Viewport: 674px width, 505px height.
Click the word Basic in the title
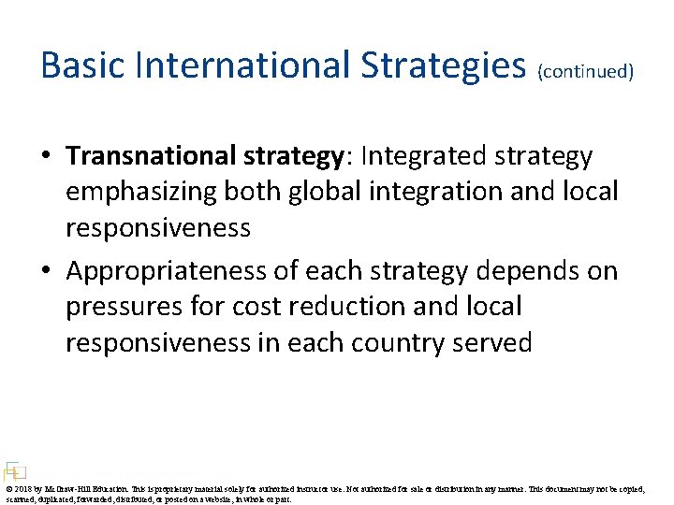[82, 65]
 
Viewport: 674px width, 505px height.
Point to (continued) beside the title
[585, 71]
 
